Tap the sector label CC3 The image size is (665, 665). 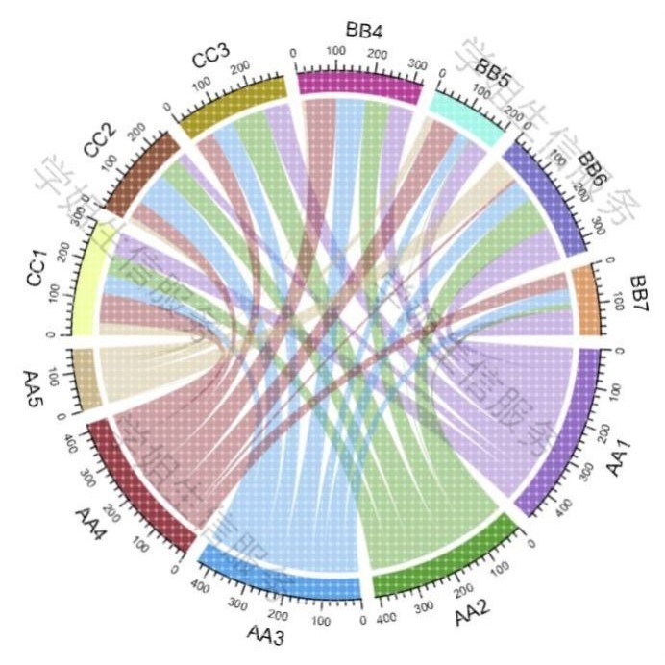coord(210,58)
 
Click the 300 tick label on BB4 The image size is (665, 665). coord(415,63)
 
